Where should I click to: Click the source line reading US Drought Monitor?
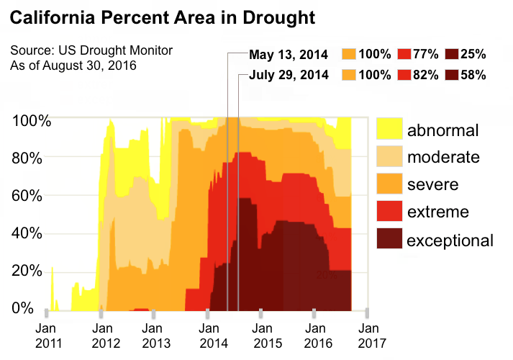pos(91,52)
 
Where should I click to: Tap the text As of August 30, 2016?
pos(73,66)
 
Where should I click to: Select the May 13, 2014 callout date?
pos(289,55)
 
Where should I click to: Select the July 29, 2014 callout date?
pos(289,75)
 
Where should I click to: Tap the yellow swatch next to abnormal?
pos(389,130)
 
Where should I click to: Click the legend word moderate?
pos(443,157)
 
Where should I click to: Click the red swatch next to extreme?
pos(389,212)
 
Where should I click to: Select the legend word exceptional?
pos(450,240)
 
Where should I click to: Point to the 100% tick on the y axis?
pos(32,120)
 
